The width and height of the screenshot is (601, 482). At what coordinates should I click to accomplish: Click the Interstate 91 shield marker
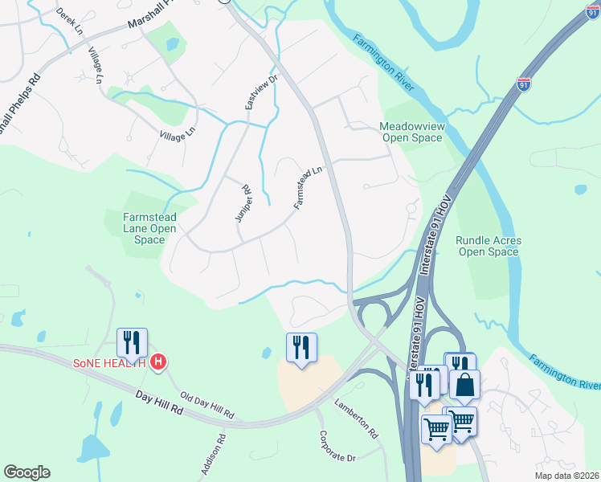(524, 84)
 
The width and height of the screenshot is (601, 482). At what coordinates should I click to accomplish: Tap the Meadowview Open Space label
(411, 132)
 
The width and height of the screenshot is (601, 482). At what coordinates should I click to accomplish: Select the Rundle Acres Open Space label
(489, 246)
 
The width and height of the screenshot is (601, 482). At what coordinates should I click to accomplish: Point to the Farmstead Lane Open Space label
(149, 228)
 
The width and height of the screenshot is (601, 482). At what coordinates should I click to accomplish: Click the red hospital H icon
(159, 362)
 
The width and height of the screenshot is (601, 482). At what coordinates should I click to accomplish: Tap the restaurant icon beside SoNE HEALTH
(132, 343)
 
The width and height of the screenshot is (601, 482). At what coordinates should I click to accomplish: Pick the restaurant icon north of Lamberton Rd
(301, 347)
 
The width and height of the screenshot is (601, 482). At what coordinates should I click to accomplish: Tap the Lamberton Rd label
(356, 419)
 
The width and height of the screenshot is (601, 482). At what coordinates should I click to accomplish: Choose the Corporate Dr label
(337, 449)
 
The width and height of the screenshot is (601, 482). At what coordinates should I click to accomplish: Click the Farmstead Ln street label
(308, 187)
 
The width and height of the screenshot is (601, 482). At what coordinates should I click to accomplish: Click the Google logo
(27, 472)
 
